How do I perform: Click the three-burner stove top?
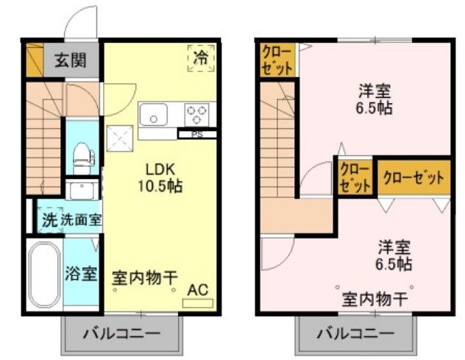coord(196,115)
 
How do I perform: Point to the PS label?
coord(196,135)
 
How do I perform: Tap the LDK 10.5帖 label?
coord(159,177)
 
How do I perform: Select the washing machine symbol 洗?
coord(49,219)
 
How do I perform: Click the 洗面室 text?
coord(81,219)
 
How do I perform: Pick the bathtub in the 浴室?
coord(43,275)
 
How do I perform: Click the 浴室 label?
coord(81,274)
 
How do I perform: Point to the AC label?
coord(198,289)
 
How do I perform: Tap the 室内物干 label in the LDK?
coord(145,278)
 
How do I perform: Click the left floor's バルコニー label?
coord(121,333)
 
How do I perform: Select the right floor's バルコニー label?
coord(356,333)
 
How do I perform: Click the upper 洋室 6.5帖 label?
coord(375,99)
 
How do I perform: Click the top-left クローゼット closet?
coord(277,60)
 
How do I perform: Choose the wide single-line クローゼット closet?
coord(413,177)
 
